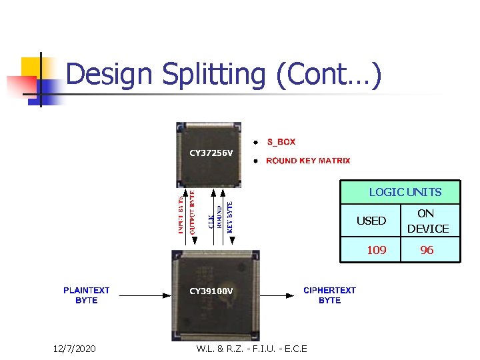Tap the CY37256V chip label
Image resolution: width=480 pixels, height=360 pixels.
click(211, 153)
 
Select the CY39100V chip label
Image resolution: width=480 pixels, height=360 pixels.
click(211, 291)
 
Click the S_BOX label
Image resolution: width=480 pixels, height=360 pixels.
click(281, 142)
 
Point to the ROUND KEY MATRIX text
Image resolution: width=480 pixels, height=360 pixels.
click(307, 161)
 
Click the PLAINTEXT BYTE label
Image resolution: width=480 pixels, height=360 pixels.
click(87, 295)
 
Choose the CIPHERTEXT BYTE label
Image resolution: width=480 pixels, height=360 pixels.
click(329, 295)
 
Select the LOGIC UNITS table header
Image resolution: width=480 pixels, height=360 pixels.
click(405, 192)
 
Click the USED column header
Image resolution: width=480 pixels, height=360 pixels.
click(371, 221)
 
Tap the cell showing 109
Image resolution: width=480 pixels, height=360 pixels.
click(377, 250)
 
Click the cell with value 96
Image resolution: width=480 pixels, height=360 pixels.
click(427, 250)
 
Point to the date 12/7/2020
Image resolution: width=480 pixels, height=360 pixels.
click(74, 349)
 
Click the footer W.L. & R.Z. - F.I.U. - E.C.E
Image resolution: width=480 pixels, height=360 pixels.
click(252, 349)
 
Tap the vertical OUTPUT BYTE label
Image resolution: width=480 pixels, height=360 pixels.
click(192, 212)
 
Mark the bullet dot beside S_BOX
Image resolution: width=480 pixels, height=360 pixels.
click(254, 142)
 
